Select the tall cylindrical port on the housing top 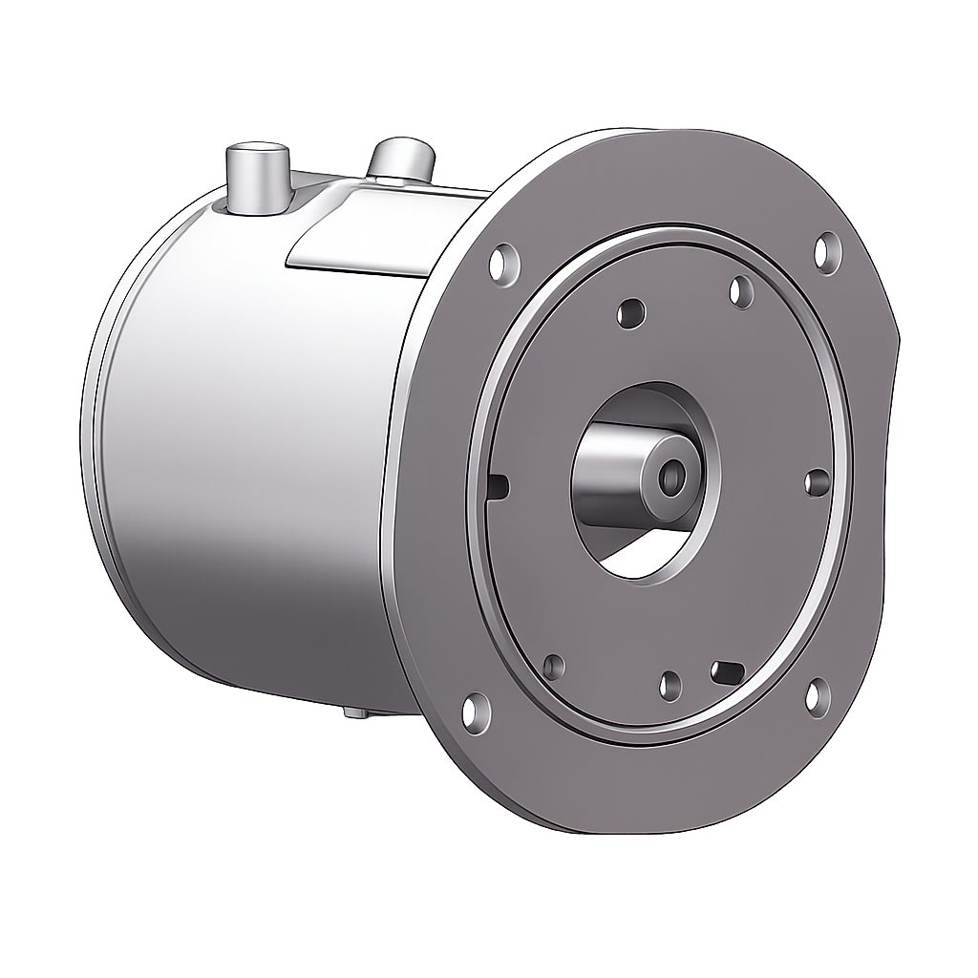(257, 178)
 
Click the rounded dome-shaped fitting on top (402, 159)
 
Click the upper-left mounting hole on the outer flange (504, 263)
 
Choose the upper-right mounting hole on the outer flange (827, 252)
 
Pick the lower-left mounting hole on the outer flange (476, 712)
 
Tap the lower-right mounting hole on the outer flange (818, 696)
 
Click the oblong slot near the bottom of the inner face (728, 672)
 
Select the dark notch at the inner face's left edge (498, 487)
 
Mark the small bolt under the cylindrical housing (354, 712)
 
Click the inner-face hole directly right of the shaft (818, 482)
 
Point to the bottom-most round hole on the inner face (670, 685)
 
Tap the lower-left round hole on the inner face (553, 667)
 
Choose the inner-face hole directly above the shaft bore (630, 312)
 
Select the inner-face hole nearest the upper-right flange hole (741, 291)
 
